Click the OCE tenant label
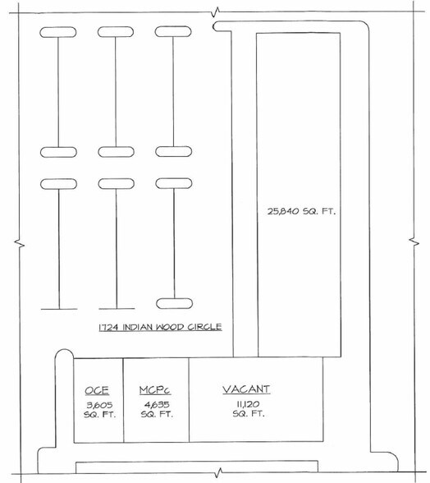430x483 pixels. point(97,390)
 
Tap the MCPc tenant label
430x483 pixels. point(155,390)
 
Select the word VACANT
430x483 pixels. point(246,389)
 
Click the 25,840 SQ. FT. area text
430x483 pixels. point(301,211)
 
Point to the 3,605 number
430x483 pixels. point(99,405)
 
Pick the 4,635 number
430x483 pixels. point(157,404)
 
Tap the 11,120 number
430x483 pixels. point(248,403)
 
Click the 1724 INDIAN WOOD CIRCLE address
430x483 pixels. point(160,327)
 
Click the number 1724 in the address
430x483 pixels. point(108,328)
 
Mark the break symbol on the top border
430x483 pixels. point(216,12)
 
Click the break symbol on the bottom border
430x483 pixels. point(218,472)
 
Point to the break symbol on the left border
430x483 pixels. point(20,244)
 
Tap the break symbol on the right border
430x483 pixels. point(414,242)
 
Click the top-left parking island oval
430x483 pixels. point(58,32)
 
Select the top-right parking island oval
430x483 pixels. point(173,32)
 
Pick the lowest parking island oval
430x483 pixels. point(174,303)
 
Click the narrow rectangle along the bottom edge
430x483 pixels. point(197,467)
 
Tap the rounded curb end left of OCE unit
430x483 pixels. point(64,354)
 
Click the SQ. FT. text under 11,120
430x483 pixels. point(249,414)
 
